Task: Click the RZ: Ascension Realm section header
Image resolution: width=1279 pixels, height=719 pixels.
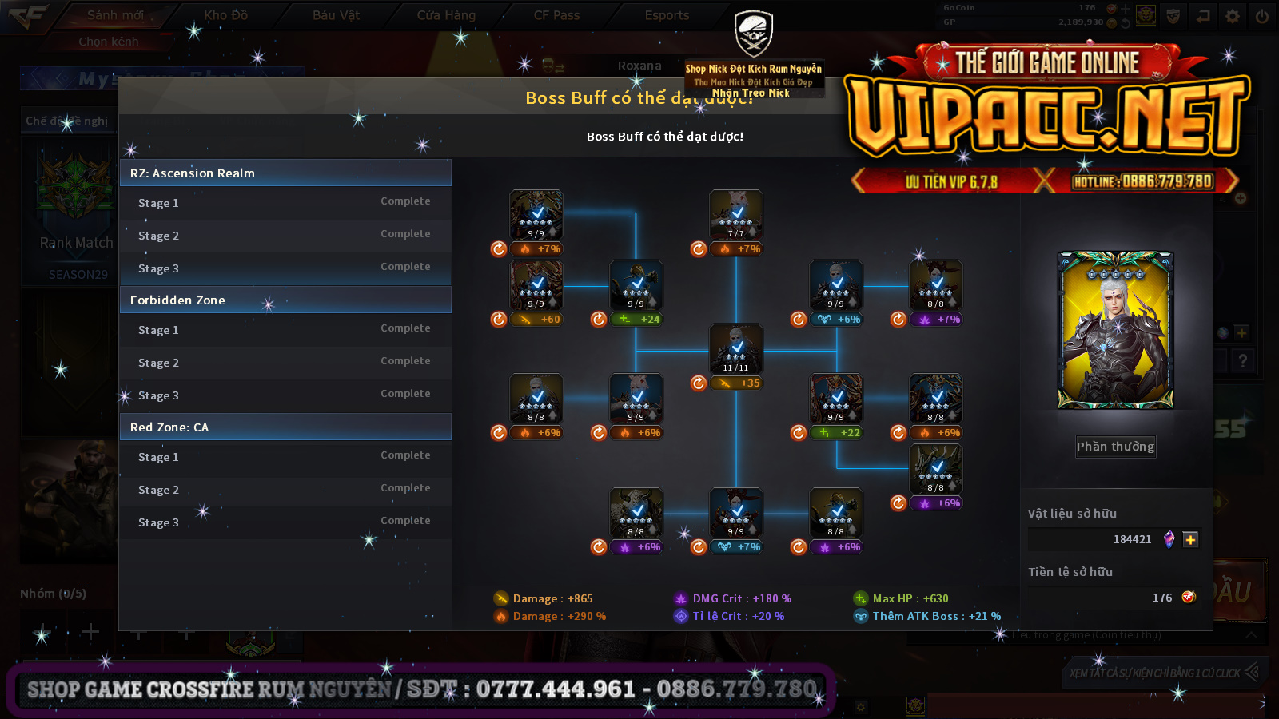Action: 285,173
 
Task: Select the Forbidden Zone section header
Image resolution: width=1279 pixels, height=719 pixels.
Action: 285,300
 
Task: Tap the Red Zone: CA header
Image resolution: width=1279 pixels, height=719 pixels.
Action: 285,427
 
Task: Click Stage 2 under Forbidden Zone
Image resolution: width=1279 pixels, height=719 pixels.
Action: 158,363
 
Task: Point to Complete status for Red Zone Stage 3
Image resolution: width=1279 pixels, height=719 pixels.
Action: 405,521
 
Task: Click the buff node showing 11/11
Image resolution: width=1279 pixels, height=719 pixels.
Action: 736,349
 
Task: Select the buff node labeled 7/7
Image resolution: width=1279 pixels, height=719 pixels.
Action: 736,215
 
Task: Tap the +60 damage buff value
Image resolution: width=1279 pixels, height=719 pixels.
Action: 550,320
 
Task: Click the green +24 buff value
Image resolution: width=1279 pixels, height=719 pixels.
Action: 650,320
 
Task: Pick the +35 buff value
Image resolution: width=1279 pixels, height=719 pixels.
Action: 750,383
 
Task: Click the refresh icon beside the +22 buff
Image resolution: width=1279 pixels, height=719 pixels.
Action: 799,433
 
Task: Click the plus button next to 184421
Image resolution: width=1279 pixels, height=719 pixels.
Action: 1190,540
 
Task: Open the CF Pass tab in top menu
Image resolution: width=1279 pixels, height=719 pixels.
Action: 556,15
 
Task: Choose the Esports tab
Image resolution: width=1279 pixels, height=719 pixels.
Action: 667,15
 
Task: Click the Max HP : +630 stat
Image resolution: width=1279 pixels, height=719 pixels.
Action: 910,598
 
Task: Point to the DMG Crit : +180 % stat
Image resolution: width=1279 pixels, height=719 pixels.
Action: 741,598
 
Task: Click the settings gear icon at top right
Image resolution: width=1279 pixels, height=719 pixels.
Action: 1233,16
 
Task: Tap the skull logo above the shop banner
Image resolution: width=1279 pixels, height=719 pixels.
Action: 753,34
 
